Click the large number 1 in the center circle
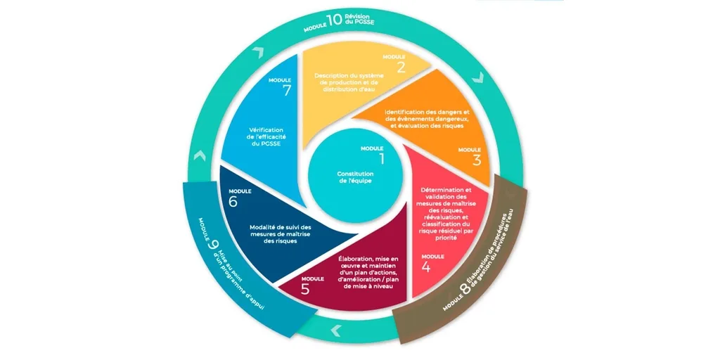click(382, 159)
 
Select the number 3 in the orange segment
click(477, 160)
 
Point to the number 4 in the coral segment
click(426, 267)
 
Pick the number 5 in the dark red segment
click(306, 289)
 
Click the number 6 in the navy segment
click(233, 202)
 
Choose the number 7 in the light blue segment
click(287, 91)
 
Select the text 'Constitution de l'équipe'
click(355, 177)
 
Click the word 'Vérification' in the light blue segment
click(266, 130)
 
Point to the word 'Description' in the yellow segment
click(332, 75)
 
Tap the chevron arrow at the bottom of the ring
click(336, 330)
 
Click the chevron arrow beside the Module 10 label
click(259, 52)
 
